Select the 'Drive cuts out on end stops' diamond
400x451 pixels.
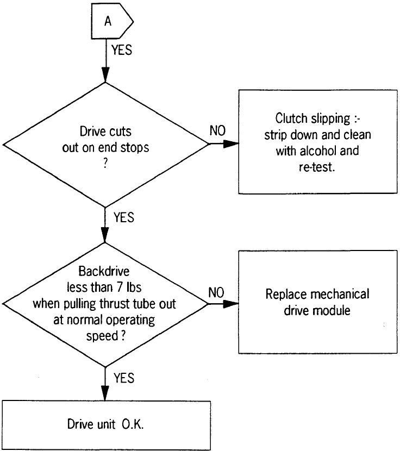(x=105, y=144)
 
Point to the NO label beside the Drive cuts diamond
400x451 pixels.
(x=217, y=132)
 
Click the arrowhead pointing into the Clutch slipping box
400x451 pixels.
(x=233, y=144)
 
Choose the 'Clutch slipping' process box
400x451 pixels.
(x=318, y=141)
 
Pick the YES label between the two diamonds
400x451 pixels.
(x=124, y=217)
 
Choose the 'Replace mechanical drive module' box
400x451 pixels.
(x=318, y=301)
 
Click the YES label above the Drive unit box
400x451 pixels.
(x=124, y=378)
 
